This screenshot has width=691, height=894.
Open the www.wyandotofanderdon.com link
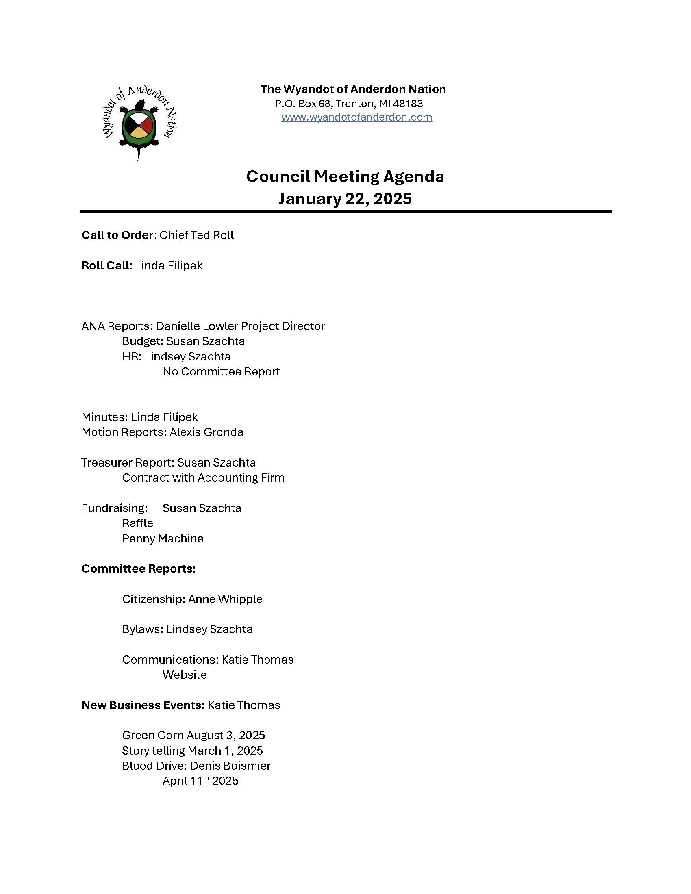(356, 117)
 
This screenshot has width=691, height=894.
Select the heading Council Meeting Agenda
(345, 176)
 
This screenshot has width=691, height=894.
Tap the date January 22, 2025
(345, 199)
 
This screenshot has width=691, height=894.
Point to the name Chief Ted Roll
(196, 235)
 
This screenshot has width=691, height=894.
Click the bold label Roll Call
(105, 266)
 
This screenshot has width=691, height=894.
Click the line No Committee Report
(221, 372)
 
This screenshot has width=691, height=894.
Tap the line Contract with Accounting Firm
(203, 478)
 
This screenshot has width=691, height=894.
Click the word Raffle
(137, 523)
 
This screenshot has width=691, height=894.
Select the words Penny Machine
(163, 539)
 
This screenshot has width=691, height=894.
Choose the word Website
(184, 675)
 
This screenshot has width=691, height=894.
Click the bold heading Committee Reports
(138, 569)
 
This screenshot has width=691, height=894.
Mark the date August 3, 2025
(226, 736)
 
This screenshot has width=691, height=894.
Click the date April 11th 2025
(200, 781)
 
